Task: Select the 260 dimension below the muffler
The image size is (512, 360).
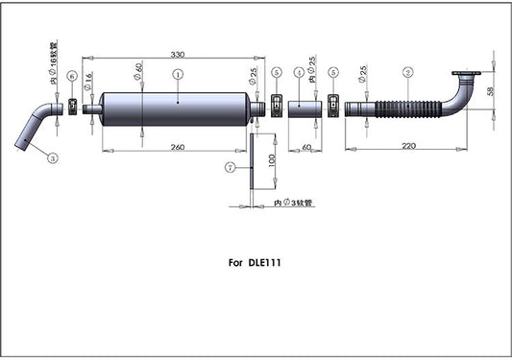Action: tap(177, 147)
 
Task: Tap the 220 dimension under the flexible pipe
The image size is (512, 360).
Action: tap(410, 146)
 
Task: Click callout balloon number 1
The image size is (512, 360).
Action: tap(178, 73)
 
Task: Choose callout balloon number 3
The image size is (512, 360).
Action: tap(52, 157)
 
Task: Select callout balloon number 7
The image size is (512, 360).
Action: tap(230, 167)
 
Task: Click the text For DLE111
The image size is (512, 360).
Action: tap(255, 260)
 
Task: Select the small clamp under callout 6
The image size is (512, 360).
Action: tap(72, 106)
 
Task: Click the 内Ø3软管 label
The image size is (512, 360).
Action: tap(295, 204)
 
